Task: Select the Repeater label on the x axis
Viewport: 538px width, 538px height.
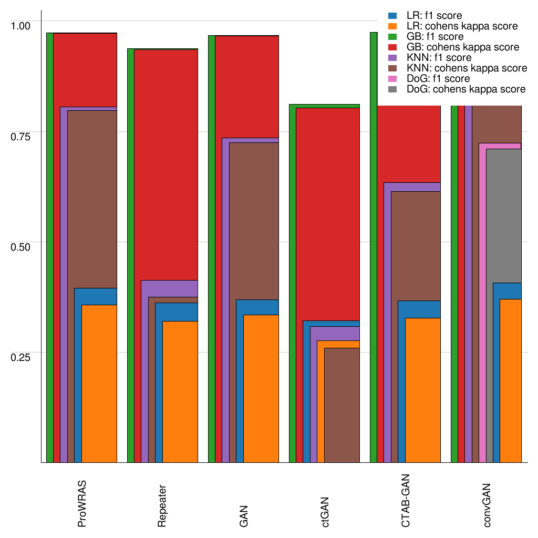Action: point(162,505)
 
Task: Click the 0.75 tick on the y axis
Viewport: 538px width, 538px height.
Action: point(21,136)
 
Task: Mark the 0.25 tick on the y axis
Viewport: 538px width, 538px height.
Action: point(21,357)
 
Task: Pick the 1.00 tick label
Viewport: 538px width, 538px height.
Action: point(21,25)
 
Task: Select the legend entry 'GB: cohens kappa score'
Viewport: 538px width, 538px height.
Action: point(463,47)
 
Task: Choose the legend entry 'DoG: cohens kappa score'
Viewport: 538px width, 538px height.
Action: point(466,89)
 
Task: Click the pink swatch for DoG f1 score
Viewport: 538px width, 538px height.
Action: point(393,79)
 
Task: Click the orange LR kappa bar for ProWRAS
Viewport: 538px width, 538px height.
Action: point(99,384)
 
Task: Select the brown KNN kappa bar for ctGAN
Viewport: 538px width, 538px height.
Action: point(342,405)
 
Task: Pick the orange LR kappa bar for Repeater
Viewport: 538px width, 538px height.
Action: point(180,391)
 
